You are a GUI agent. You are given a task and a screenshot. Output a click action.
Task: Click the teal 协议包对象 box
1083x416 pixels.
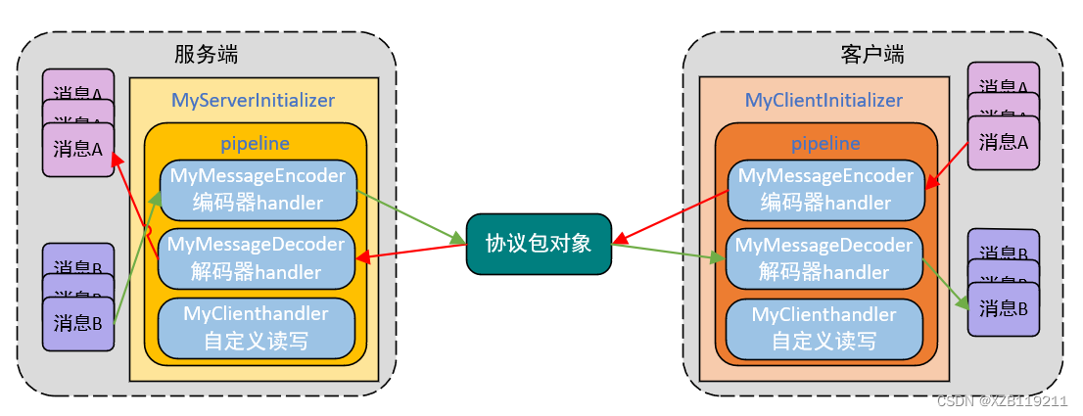pyautogui.click(x=539, y=244)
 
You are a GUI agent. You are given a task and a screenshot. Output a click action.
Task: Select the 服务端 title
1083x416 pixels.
pyautogui.click(x=206, y=54)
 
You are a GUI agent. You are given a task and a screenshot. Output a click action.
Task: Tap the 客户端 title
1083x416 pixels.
pyautogui.click(x=871, y=54)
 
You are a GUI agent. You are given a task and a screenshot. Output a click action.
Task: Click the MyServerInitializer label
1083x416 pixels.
pyautogui.click(x=253, y=100)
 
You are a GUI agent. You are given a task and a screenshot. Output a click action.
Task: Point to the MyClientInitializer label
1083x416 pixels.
pyautogui.click(x=824, y=100)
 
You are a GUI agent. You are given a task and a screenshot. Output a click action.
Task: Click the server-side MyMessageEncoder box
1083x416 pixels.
pyautogui.click(x=258, y=190)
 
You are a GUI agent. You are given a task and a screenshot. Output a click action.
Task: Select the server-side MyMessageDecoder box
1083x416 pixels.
pyautogui.click(x=258, y=257)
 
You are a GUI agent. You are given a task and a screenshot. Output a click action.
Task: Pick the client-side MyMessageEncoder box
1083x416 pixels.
pyautogui.click(x=825, y=190)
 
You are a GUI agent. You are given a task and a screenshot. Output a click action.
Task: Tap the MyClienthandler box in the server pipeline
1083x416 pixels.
pyautogui.click(x=256, y=327)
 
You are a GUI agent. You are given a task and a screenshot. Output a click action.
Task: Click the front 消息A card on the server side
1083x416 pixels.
pyautogui.click(x=78, y=150)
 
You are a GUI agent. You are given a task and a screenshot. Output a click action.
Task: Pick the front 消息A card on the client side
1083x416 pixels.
pyautogui.click(x=1003, y=142)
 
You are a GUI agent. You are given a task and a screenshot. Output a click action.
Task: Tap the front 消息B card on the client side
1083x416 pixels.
pyautogui.click(x=1003, y=308)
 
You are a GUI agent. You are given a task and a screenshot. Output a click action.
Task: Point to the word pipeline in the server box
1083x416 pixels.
pyautogui.click(x=255, y=144)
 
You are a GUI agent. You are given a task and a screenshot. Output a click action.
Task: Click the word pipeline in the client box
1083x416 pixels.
pyautogui.click(x=825, y=144)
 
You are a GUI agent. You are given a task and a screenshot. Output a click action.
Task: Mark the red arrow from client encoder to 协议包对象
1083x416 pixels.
pyautogui.click(x=671, y=218)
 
